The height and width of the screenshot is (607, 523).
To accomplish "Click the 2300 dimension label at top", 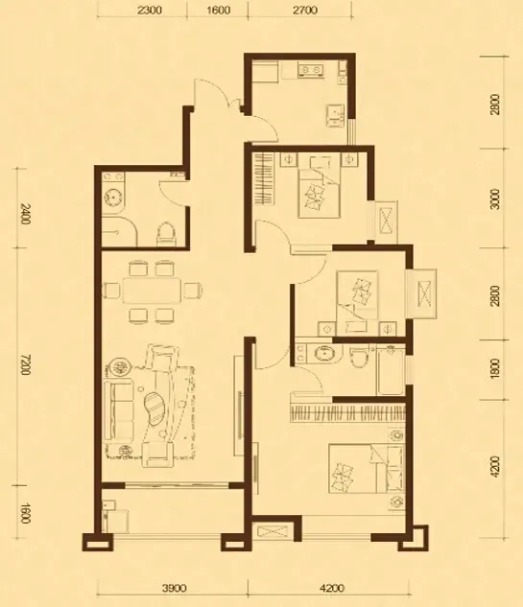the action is coord(149,10).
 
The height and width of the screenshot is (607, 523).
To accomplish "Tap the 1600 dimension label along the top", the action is coord(218,10).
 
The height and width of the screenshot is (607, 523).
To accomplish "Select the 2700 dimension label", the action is coord(305,10).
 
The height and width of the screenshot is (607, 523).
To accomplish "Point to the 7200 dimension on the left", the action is coord(24,364).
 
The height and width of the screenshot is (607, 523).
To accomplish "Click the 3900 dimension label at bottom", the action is coord(174,589).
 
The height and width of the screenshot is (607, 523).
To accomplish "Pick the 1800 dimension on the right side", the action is coord(495,368).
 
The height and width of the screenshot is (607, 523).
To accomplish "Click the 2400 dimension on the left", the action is coord(24,215).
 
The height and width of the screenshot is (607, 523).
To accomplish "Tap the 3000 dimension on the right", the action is coord(495,198).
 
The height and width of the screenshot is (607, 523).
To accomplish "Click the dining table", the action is coord(152,291).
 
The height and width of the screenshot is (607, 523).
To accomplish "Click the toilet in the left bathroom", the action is coord(165,234).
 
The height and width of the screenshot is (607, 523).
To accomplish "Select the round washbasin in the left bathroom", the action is coord(112,198).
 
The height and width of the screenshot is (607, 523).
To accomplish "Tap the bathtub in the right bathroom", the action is coord(391,371).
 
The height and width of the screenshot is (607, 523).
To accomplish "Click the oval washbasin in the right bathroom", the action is coord(323,354).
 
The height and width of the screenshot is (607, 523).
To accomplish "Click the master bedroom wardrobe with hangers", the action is coord(347,413).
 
